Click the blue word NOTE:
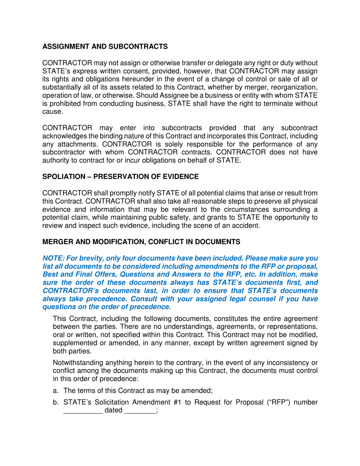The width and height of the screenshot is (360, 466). (x=53, y=258)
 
